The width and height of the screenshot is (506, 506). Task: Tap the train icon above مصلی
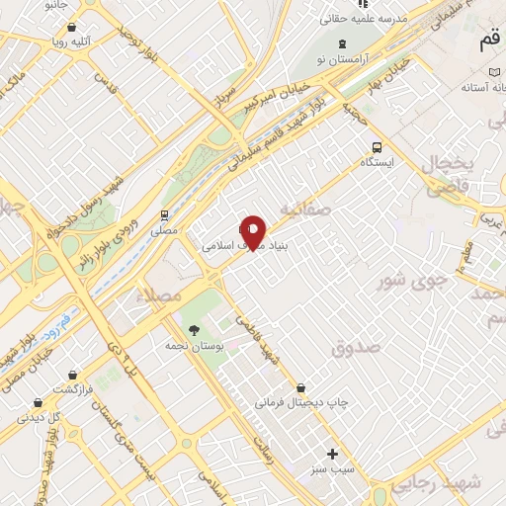click(164, 214)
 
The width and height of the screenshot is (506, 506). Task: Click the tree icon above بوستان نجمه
click(193, 330)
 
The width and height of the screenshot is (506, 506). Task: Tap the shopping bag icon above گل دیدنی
click(38, 402)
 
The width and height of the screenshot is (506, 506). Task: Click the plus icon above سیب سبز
click(332, 453)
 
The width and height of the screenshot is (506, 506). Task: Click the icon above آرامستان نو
click(342, 42)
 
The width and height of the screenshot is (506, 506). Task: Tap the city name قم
click(489, 43)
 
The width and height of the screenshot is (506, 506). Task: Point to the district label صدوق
click(356, 348)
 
